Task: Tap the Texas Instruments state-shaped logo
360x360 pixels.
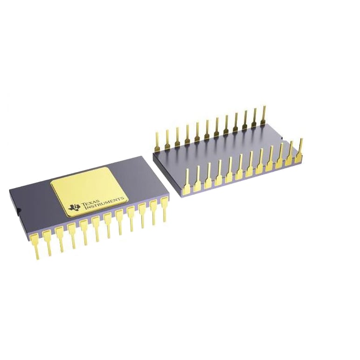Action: (x=75, y=207)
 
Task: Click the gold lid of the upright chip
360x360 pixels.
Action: (x=89, y=192)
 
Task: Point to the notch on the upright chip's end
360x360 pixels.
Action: (x=19, y=209)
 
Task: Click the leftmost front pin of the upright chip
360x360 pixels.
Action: (x=36, y=245)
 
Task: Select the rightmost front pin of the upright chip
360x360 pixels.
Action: (x=164, y=209)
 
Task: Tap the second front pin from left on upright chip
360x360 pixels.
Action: (x=48, y=242)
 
